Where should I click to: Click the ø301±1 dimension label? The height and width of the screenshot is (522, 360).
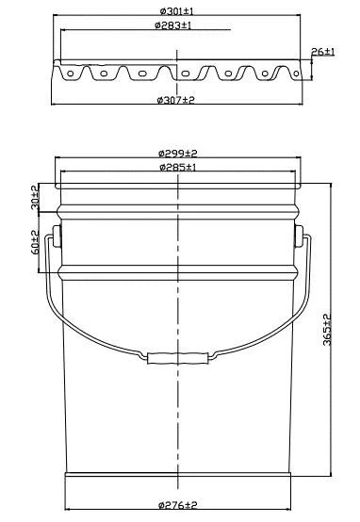tap(176, 11)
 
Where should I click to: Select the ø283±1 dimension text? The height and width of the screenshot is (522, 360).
tap(172, 25)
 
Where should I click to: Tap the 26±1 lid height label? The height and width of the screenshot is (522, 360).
tap(322, 52)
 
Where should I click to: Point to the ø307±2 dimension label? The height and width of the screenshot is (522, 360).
tap(175, 100)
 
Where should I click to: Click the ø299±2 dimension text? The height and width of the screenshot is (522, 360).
tap(178, 154)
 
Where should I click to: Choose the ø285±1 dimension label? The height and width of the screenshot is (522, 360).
tap(178, 167)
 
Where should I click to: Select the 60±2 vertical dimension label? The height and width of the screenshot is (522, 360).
tap(35, 243)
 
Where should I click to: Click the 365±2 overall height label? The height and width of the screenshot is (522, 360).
tap(327, 330)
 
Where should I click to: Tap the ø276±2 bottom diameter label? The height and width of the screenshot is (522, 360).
tap(178, 505)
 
